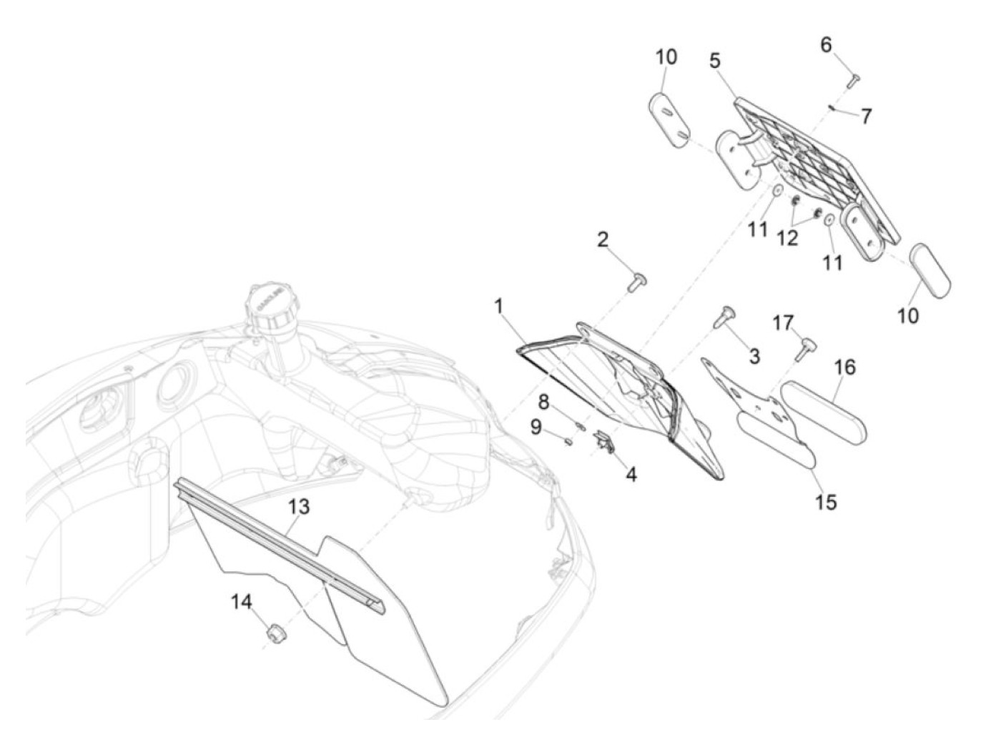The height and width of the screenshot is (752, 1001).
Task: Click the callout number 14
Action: pos(242,603)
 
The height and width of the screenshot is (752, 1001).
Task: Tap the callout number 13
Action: pos(299,507)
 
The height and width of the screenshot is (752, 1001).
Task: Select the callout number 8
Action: pos(543,402)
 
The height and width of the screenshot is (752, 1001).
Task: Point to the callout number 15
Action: pos(825,502)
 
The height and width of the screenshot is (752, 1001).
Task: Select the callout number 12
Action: pos(787,238)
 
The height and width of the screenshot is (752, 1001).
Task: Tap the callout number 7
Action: pos(866,115)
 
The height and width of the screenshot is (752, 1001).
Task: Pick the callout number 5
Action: pos(715,60)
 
